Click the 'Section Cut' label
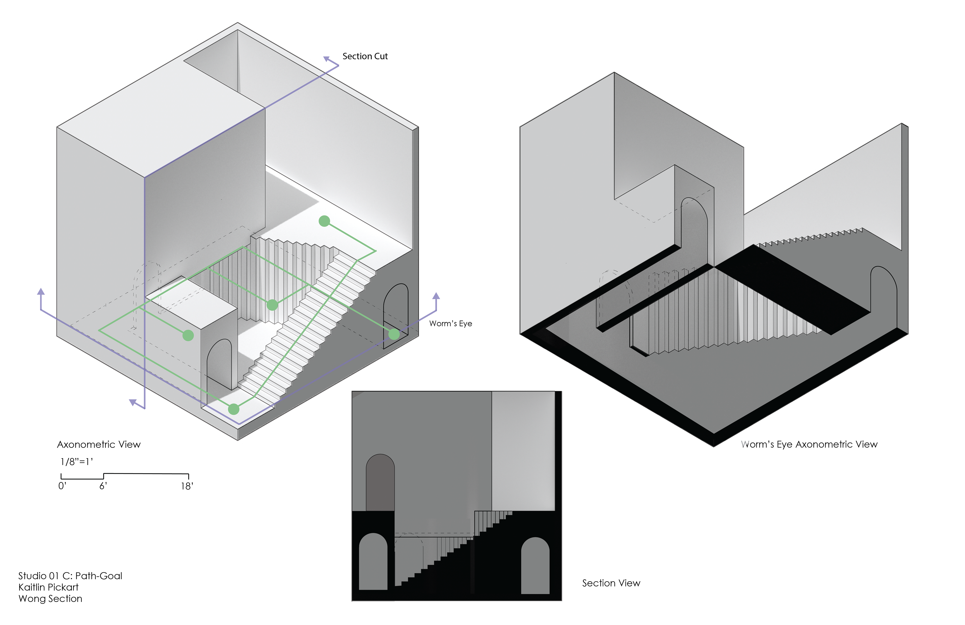(365, 56)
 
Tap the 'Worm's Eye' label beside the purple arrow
(451, 323)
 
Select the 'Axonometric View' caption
(99, 444)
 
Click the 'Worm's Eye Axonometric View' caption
(809, 444)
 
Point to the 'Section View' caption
(611, 583)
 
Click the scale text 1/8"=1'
(77, 462)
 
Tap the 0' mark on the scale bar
(62, 486)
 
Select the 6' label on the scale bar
(103, 486)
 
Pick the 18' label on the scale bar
(187, 486)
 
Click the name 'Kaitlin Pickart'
(48, 587)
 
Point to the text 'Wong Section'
(50, 599)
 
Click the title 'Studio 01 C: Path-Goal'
(70, 576)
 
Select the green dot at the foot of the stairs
(233, 409)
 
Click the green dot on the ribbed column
(272, 305)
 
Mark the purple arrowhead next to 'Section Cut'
(327, 59)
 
